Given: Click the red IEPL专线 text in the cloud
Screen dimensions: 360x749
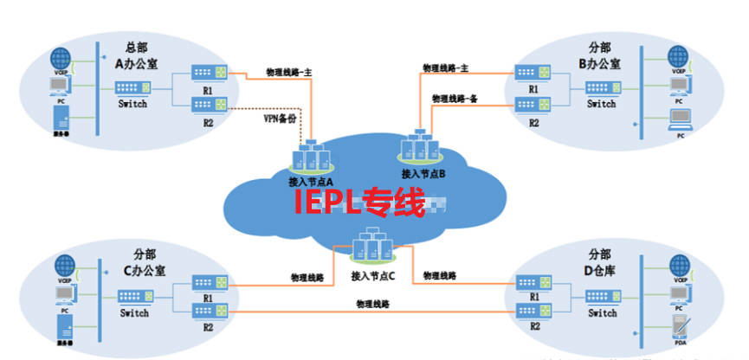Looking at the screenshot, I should pos(359,204).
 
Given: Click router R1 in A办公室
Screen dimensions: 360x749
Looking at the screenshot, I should pos(207,73).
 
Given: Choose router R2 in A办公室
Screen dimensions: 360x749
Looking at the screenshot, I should pos(207,106).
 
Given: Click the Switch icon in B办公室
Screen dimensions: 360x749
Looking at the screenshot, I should pos(601,87).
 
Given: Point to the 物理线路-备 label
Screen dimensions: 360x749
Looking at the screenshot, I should pos(455,99).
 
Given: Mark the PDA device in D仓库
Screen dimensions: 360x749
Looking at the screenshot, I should pos(679,331).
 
